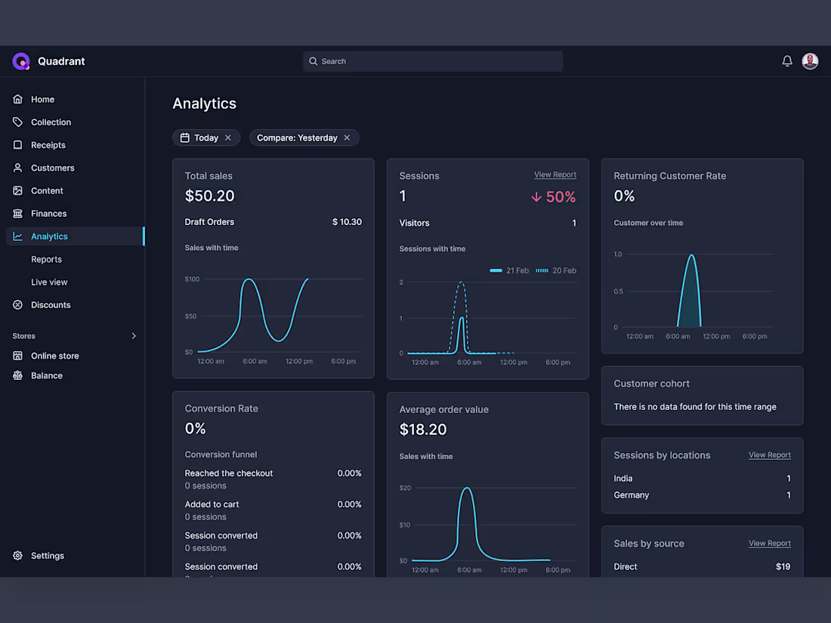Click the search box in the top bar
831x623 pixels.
coord(432,61)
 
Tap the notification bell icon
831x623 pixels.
coord(787,61)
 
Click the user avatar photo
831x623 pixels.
coord(810,61)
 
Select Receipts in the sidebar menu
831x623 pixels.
coord(48,145)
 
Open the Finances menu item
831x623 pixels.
coord(48,214)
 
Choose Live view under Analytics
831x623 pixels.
coord(49,282)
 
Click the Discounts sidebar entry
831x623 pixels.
coord(51,305)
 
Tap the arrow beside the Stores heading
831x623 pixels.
coord(134,336)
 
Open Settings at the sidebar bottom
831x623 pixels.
coord(47,556)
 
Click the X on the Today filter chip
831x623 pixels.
coord(228,137)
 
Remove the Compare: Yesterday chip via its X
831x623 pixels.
coord(347,137)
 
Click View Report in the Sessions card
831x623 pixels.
coord(555,174)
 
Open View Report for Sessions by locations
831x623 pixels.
coord(769,455)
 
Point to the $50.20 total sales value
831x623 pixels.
coord(209,196)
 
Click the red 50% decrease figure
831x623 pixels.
coord(553,197)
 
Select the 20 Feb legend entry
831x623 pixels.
coord(556,270)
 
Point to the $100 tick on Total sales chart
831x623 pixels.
coord(192,279)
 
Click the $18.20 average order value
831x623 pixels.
coord(423,430)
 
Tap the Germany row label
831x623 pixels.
coord(631,495)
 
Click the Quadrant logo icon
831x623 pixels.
coord(20,61)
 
